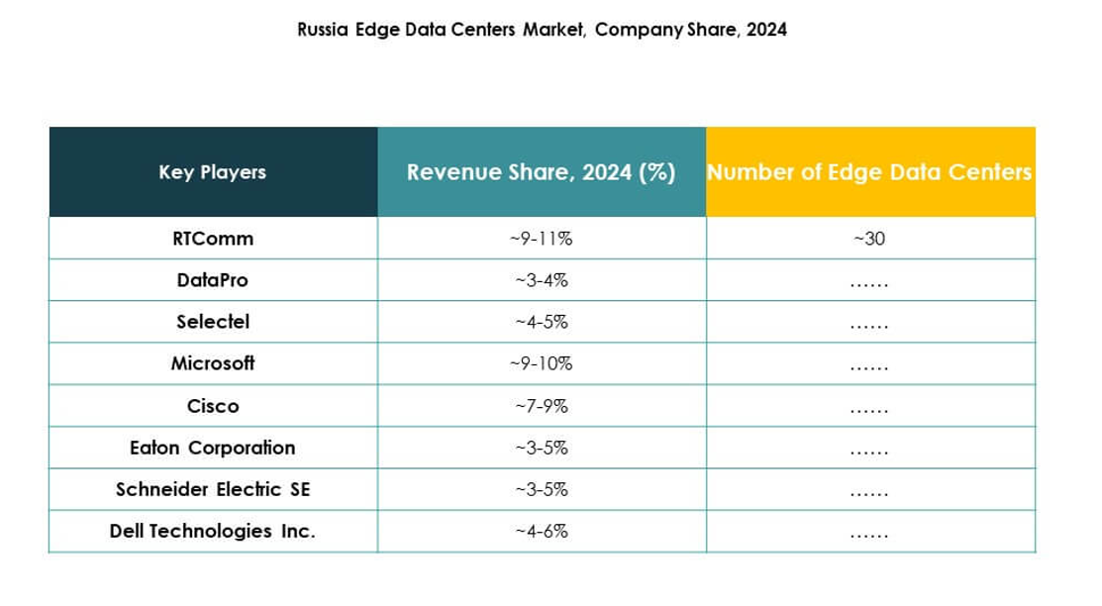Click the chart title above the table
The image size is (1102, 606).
tap(542, 30)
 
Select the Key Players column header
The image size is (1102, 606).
tap(212, 172)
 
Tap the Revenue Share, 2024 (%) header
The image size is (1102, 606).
tap(541, 172)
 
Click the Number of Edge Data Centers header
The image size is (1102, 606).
tap(869, 172)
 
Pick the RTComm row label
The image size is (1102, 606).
tap(212, 239)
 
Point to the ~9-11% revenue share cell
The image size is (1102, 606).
tap(541, 239)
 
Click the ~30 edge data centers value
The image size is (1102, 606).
tap(869, 239)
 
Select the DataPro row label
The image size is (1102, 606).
tap(212, 280)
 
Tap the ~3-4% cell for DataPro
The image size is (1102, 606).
tap(541, 280)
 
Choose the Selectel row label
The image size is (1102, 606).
tap(212, 322)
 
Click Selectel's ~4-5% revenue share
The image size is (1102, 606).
tap(541, 322)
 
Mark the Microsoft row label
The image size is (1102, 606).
tap(212, 363)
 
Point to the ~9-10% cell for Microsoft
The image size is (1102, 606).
tap(541, 363)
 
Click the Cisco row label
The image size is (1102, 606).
tap(212, 406)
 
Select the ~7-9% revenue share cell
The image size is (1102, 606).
tap(541, 406)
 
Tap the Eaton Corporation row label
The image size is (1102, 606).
tap(212, 448)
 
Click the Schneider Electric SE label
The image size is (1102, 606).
tap(212, 489)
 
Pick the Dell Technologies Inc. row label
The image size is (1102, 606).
tap(212, 531)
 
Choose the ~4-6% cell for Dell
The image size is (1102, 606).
tap(541, 531)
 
